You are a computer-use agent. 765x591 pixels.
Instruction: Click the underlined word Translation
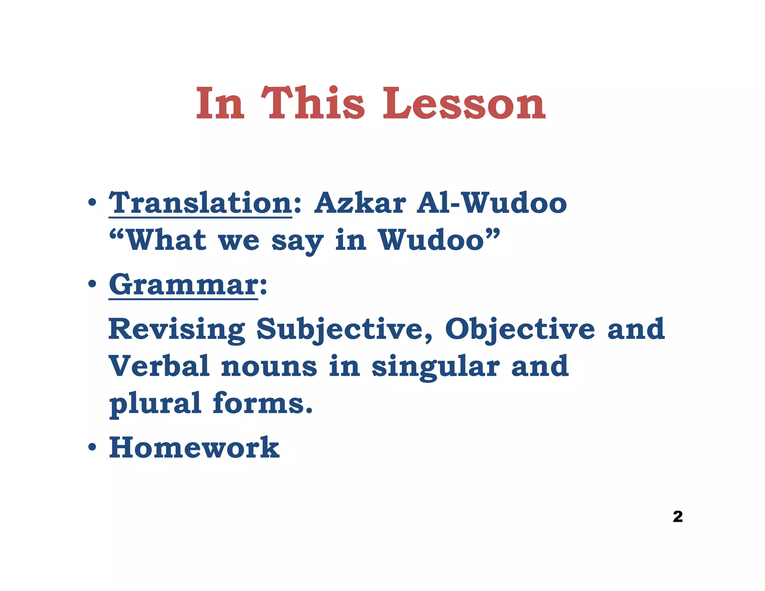(x=200, y=203)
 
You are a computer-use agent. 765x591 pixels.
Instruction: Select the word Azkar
(x=360, y=203)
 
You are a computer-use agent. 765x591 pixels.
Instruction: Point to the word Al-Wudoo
(x=492, y=203)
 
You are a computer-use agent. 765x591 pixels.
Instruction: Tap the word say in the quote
(x=297, y=241)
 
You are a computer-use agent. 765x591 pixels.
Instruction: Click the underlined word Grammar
(x=183, y=285)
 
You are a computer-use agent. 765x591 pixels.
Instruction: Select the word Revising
(x=176, y=329)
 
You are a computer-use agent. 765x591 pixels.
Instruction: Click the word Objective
(x=520, y=329)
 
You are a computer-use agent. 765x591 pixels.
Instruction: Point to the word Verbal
(x=159, y=366)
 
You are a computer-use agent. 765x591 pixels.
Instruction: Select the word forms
(x=262, y=403)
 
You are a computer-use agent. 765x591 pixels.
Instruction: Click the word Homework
(x=194, y=448)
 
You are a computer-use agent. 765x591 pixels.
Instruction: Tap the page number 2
(x=678, y=517)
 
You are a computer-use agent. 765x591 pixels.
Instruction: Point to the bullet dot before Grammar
(x=92, y=285)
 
